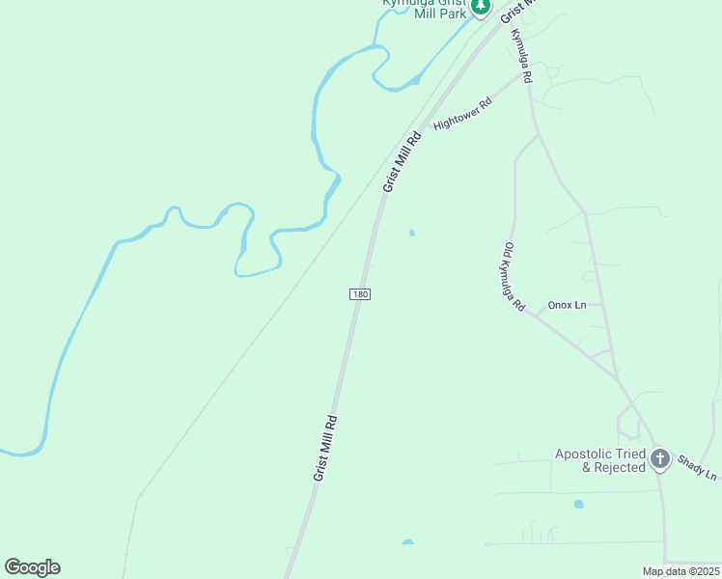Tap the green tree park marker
pyautogui.click(x=481, y=7)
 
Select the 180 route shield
pyautogui.click(x=359, y=294)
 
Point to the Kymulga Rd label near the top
pyautogui.click(x=521, y=55)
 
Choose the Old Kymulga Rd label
pyautogui.click(x=514, y=276)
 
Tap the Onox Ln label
pyautogui.click(x=567, y=305)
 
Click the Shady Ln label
pyautogui.click(x=697, y=468)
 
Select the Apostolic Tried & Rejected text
pyautogui.click(x=599, y=460)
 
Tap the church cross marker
pyautogui.click(x=660, y=459)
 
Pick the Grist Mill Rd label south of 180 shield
pyautogui.click(x=324, y=448)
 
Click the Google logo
pyautogui.click(x=32, y=567)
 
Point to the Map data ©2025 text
pyautogui.click(x=680, y=571)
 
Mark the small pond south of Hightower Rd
pyautogui.click(x=412, y=233)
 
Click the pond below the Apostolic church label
pyautogui.click(x=578, y=504)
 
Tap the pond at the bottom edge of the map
pyautogui.click(x=407, y=542)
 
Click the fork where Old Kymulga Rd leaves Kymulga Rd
pyautogui.click(x=537, y=135)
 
